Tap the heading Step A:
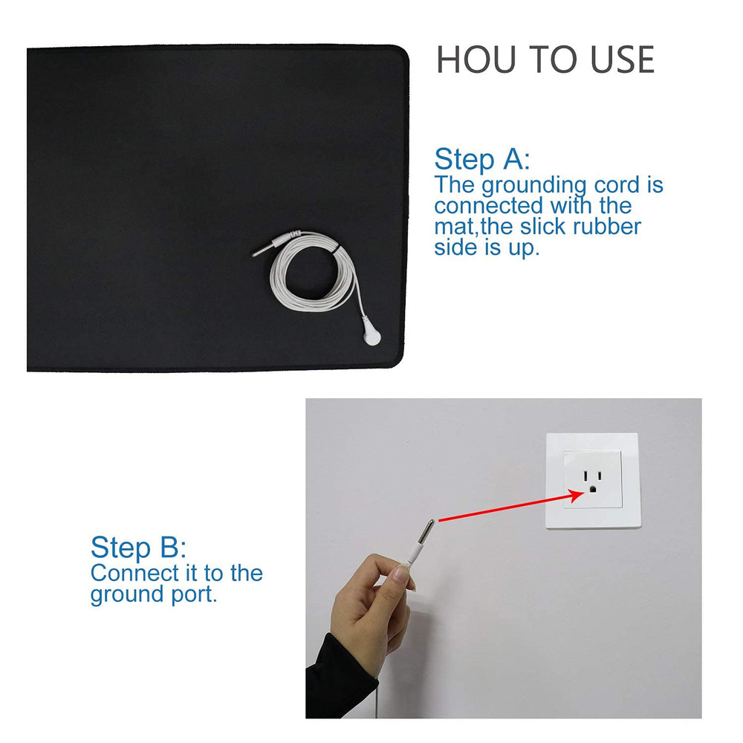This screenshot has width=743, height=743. [482, 159]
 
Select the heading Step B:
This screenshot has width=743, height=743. [138, 548]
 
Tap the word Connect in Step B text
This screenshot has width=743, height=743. [134, 573]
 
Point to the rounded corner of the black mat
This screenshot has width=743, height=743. [401, 53]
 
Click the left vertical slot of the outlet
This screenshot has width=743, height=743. [585, 476]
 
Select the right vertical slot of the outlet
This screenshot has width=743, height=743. [599, 476]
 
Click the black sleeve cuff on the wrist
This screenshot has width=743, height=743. [331, 669]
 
